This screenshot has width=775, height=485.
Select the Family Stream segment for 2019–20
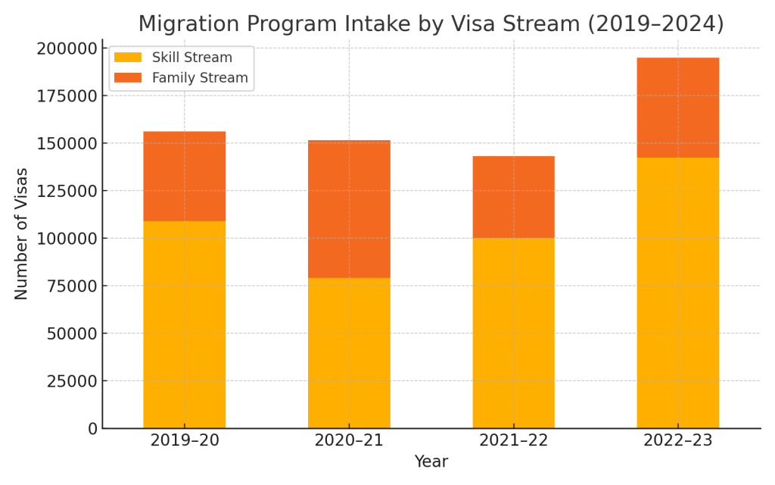point(184,177)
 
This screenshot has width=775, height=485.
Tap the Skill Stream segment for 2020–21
point(349,353)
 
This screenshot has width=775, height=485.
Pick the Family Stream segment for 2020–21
point(349,209)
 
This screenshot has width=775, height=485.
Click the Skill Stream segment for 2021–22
point(513,333)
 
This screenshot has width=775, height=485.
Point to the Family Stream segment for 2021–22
point(513,197)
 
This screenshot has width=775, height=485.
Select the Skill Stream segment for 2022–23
point(677,293)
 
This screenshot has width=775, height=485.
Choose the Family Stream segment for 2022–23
point(677,108)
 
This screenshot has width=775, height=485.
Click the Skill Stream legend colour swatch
point(128,58)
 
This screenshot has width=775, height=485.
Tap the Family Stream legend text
point(200,78)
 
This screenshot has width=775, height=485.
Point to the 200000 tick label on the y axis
point(67,48)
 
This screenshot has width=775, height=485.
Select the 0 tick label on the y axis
point(92,429)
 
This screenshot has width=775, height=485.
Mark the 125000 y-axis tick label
point(67,191)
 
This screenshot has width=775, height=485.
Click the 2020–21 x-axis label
point(349,440)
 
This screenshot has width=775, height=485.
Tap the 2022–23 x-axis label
point(677,440)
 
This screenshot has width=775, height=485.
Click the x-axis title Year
point(431,462)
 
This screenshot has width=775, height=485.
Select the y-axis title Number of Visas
point(21,233)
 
